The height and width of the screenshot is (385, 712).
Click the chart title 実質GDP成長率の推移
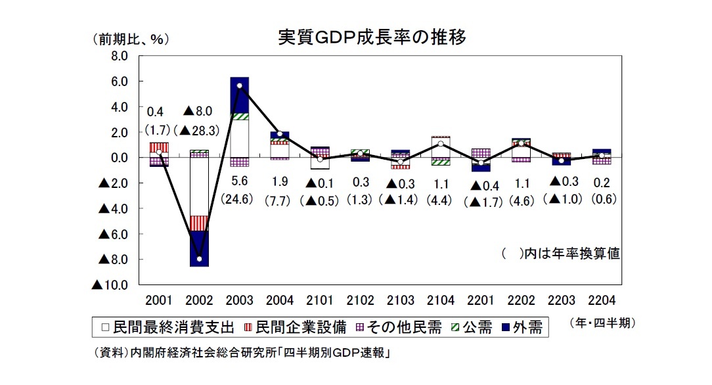(x=372, y=37)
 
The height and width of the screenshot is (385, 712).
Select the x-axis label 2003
(x=239, y=301)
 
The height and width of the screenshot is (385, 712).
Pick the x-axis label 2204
(x=602, y=301)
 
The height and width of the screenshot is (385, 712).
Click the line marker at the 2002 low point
(x=199, y=259)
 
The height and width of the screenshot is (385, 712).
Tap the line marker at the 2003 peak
(x=239, y=86)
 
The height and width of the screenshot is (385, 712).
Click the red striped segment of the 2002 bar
(x=199, y=223)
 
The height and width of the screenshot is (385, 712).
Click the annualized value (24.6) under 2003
(x=239, y=198)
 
